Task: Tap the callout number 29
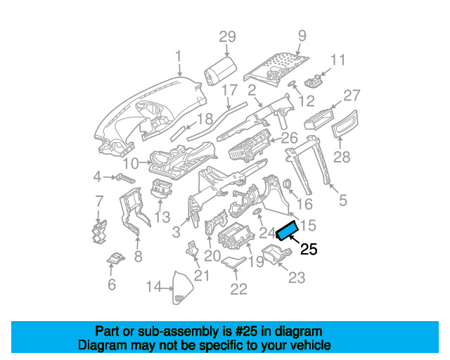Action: (226, 37)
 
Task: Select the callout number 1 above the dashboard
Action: (179, 56)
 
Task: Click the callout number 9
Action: (302, 35)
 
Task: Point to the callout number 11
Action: (338, 60)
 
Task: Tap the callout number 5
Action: (343, 200)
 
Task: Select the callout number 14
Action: (154, 286)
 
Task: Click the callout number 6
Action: (111, 284)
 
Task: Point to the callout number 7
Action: (99, 202)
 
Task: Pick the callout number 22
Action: (239, 288)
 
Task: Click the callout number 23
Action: (297, 278)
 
